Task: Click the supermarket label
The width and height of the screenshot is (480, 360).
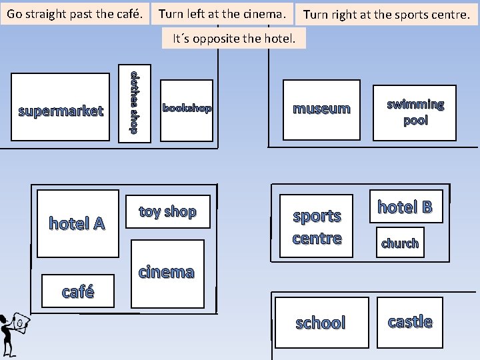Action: coord(61,111)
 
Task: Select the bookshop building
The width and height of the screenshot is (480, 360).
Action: coord(187,110)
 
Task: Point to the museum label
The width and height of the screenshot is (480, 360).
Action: coord(321,109)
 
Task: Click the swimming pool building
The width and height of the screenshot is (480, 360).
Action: coord(414,113)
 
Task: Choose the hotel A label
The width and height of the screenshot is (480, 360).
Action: coord(77,223)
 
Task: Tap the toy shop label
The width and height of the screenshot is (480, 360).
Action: coord(167,211)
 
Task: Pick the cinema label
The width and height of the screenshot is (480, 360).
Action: coord(166,271)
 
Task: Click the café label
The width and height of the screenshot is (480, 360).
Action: coord(77,291)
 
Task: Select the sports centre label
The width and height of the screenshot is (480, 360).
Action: coord(317,227)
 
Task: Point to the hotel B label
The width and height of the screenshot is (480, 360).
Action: coord(405,207)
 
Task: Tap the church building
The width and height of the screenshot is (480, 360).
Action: coord(400,243)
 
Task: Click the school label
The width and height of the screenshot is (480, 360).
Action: coord(321,323)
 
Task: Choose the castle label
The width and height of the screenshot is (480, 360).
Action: coord(410,321)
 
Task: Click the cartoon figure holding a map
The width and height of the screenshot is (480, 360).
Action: coord(12,333)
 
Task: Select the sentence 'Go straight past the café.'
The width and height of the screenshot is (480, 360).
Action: coord(75,13)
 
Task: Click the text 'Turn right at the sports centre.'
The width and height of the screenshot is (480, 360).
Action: coord(387,14)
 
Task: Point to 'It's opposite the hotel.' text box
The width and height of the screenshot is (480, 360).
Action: coord(234,38)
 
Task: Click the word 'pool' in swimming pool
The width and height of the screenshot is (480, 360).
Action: coord(415,121)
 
